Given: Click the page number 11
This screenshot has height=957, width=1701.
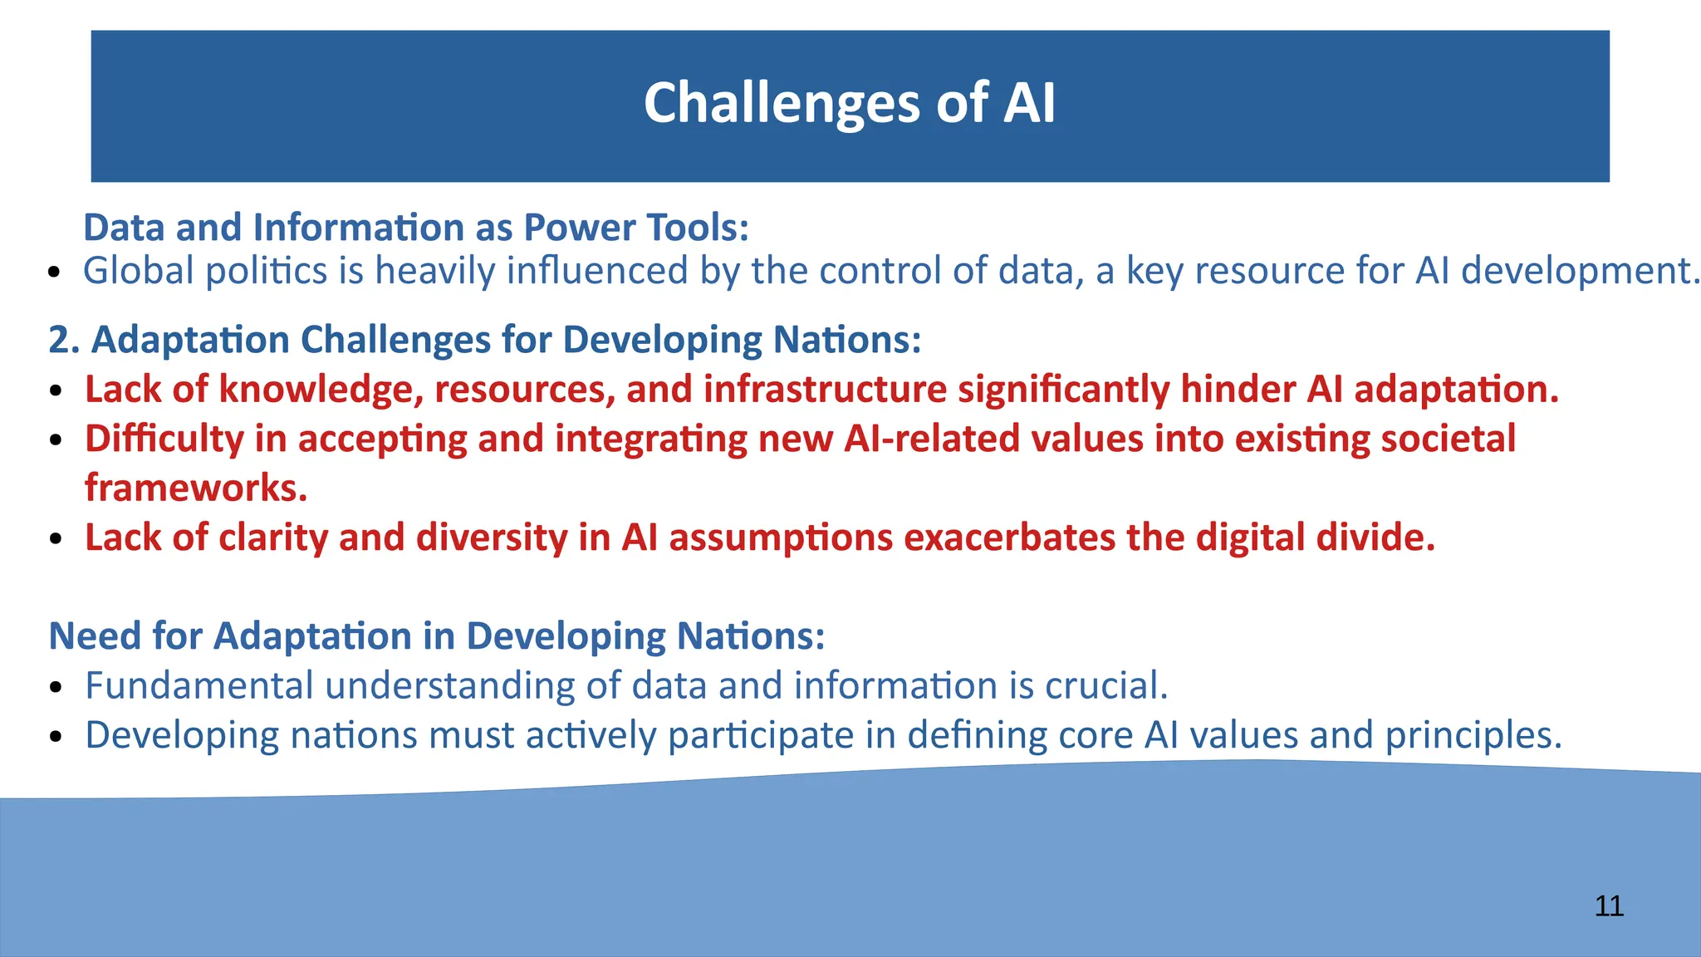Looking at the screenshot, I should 1609,906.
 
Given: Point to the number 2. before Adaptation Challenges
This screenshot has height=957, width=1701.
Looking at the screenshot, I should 63,340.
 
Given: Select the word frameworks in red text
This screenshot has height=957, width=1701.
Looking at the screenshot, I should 195,488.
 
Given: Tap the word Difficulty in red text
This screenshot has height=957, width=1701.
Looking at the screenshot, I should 164,439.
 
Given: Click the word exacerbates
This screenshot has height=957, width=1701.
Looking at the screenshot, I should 1009,537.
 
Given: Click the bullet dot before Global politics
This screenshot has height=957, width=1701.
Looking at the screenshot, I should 55,273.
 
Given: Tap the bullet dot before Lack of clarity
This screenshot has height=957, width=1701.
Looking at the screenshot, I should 56,539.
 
